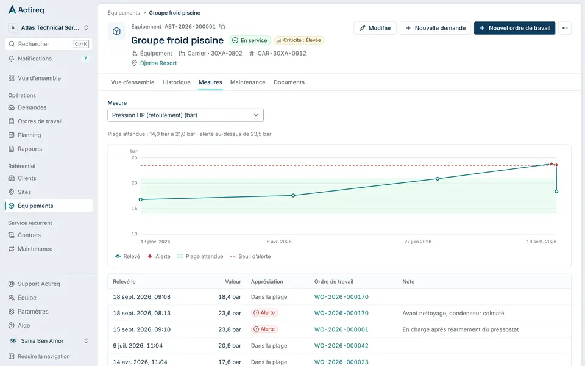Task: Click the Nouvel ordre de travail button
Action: pos(514,28)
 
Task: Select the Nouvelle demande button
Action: pos(435,28)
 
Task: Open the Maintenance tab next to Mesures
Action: pos(248,82)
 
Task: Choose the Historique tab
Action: pos(177,82)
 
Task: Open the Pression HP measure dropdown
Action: pos(185,115)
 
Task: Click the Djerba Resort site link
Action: pos(158,63)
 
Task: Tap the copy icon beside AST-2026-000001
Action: pos(222,26)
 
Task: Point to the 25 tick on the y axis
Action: pos(134,157)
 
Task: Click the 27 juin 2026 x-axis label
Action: pos(418,242)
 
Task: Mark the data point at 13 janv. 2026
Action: pos(141,199)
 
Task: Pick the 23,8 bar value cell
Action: pos(230,329)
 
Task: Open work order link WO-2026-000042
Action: pos(341,345)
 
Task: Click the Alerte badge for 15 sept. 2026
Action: pos(264,329)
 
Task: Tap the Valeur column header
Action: pos(233,282)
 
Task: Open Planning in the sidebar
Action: pos(29,135)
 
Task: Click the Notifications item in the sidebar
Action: pos(35,59)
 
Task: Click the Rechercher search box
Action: pos(49,44)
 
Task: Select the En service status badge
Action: pos(250,40)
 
